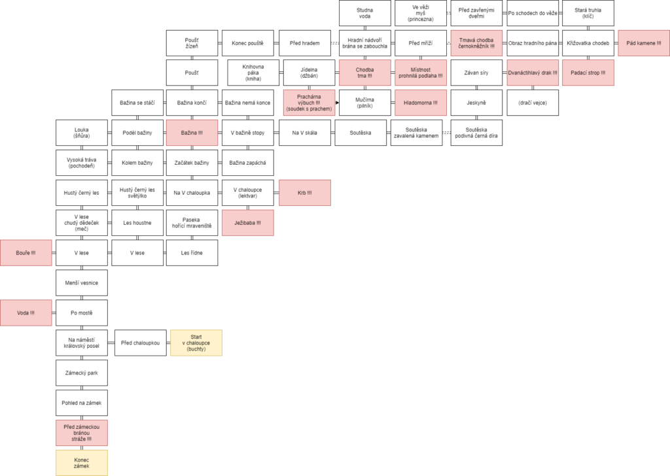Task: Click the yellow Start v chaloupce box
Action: click(196, 343)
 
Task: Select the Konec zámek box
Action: click(82, 463)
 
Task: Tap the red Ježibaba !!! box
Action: click(248, 223)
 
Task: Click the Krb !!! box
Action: click(305, 193)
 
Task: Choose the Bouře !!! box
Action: click(26, 253)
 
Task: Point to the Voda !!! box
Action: click(26, 313)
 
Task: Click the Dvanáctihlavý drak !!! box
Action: click(533, 73)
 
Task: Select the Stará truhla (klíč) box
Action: click(588, 13)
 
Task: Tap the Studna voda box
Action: click(365, 13)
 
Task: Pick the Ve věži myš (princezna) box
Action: click(421, 13)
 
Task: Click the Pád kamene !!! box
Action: click(644, 43)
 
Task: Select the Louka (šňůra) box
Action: click(82, 133)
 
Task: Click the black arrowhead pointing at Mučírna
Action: click(338, 103)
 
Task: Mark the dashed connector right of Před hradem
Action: click(335, 43)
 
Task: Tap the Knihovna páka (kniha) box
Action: click(253, 73)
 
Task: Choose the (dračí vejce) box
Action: click(533, 103)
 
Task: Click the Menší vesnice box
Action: click(82, 282)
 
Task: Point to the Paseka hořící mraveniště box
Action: click(192, 223)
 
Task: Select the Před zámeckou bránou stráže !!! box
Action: click(82, 433)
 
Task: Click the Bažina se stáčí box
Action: click(137, 103)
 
